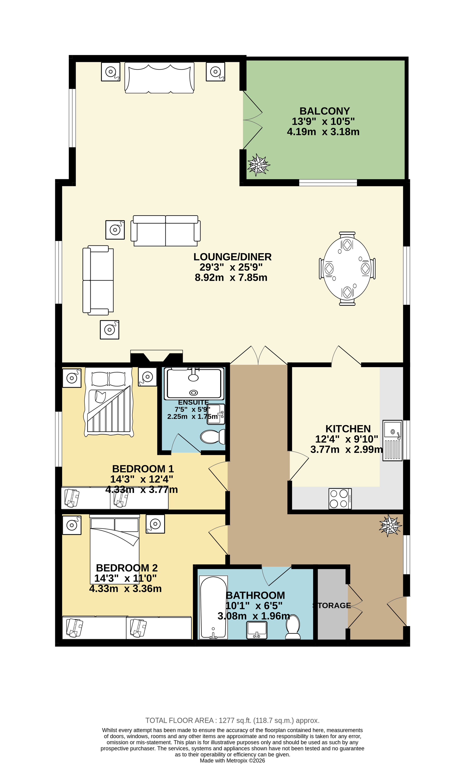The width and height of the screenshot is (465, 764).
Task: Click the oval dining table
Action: pyautogui.click(x=347, y=268)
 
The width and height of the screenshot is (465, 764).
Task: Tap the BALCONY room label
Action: pyautogui.click(x=324, y=111)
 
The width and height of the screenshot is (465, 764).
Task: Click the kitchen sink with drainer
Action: pyautogui.click(x=392, y=440)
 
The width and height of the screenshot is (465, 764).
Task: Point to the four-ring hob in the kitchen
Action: pyautogui.click(x=340, y=499)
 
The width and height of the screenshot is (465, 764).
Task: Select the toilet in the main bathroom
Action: pyautogui.click(x=293, y=626)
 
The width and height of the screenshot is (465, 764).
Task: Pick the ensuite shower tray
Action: pyautogui.click(x=194, y=384)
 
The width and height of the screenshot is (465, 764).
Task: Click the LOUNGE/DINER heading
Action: pyautogui.click(x=232, y=257)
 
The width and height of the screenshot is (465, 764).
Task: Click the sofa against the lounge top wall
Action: pyautogui.click(x=159, y=78)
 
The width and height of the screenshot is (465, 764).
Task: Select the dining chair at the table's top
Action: pyautogui.click(x=347, y=235)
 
